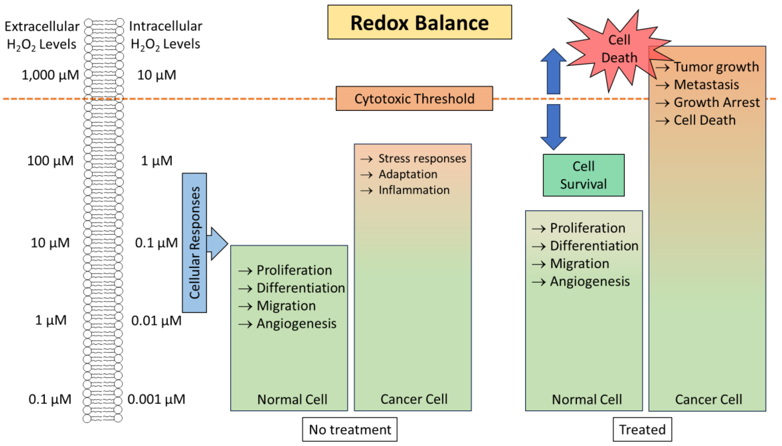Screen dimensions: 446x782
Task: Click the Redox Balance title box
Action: (419, 22)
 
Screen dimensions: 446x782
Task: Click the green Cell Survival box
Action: (583, 175)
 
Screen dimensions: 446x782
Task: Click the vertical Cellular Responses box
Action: (194, 243)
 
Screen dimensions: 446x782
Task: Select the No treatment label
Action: (350, 429)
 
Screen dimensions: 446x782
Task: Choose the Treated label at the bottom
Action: (642, 429)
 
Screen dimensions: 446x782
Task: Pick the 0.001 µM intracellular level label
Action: (156, 399)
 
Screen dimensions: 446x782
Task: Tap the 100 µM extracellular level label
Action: (50, 161)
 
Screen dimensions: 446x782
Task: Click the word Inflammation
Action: (414, 190)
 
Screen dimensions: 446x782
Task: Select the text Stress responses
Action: (422, 158)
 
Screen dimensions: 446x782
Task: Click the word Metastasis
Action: (706, 85)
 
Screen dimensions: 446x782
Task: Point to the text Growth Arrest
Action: (716, 102)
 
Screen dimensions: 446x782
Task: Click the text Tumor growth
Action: (716, 67)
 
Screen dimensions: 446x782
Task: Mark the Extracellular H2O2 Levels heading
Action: (42, 35)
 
